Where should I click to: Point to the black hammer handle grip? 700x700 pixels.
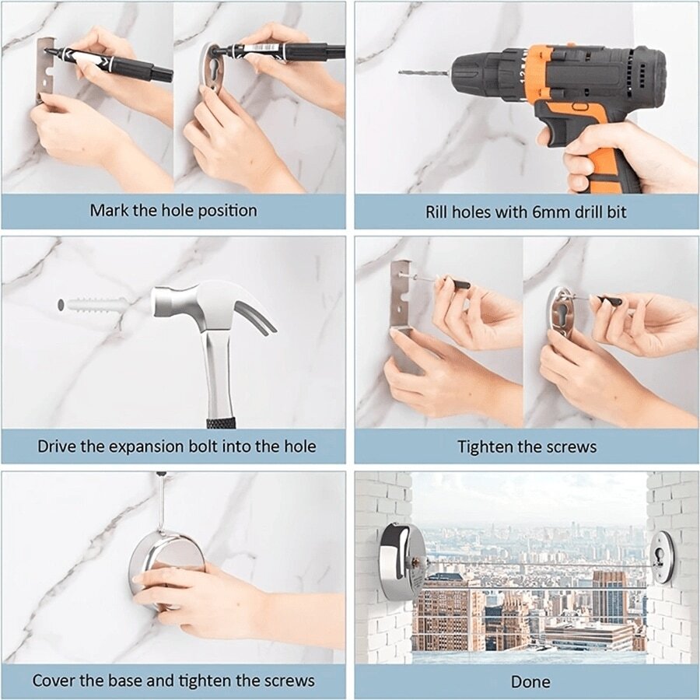[222, 422]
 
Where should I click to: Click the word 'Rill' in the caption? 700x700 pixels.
[439, 212]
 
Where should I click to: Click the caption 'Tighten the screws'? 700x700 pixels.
[527, 446]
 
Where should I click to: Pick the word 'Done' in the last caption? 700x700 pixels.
[530, 681]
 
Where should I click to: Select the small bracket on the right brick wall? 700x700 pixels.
[663, 557]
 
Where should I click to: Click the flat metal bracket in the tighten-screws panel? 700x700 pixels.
[401, 296]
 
